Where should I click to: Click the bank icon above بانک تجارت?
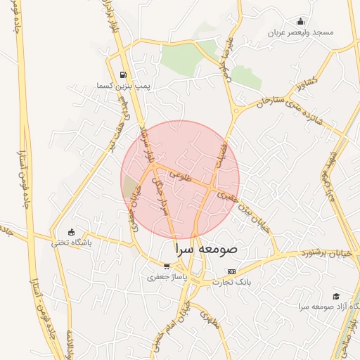[x=231, y=271]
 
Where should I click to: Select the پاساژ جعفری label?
[x=164, y=277]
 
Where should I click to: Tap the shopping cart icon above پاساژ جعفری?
[x=167, y=266]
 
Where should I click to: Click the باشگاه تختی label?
[x=71, y=243]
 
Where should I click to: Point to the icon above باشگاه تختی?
[x=70, y=232]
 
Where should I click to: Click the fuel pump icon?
[x=124, y=75]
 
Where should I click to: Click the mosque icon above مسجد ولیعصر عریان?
[x=301, y=21]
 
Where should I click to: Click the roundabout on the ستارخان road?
[x=236, y=110]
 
